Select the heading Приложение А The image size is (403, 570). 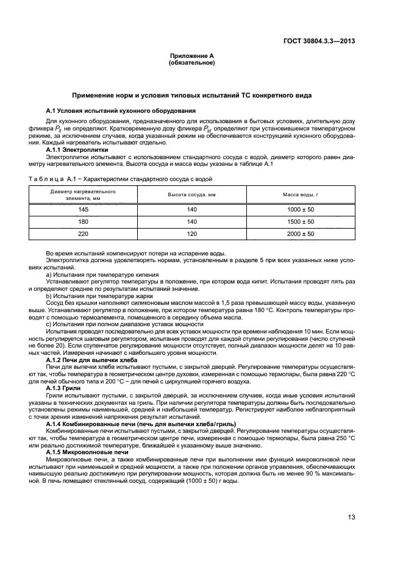click(x=191, y=56)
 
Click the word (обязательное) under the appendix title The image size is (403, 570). click(x=191, y=63)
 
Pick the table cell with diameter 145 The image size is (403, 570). click(x=84, y=209)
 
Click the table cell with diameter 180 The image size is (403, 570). click(x=84, y=221)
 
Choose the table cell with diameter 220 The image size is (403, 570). click(x=84, y=233)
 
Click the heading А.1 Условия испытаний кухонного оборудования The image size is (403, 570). click(x=121, y=110)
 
